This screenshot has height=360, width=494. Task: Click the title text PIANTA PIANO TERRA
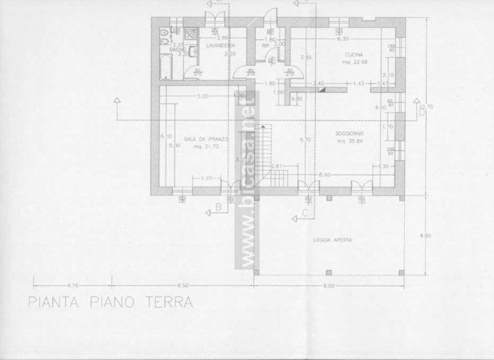[x=110, y=303]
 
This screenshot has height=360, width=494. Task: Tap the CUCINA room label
[x=354, y=55]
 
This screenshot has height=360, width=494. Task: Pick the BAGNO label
[x=177, y=49]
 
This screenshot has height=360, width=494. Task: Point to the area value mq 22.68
[x=354, y=62]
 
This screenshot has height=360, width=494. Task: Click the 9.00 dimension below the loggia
[x=329, y=286]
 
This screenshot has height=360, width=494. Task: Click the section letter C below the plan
[x=304, y=213]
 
